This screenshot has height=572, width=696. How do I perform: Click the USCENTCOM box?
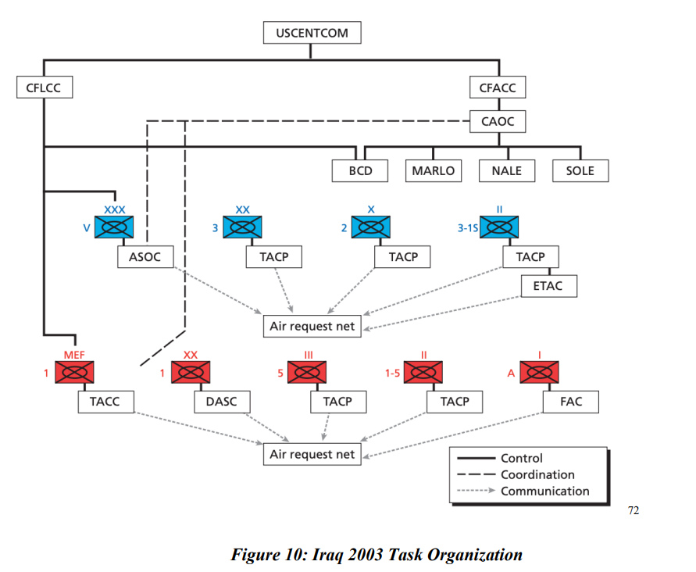tap(312, 32)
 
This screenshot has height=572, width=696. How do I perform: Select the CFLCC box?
tap(45, 87)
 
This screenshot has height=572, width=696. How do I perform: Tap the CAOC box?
tap(498, 121)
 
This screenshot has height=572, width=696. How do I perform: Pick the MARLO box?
tap(434, 170)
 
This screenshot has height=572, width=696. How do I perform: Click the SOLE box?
tap(580, 170)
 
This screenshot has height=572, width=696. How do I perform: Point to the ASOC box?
tap(145, 256)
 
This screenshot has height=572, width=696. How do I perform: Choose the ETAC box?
tap(548, 285)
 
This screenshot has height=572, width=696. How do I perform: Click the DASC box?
tap(222, 402)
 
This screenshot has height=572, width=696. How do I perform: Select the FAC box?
tap(570, 402)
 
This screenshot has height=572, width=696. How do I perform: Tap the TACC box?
tap(105, 402)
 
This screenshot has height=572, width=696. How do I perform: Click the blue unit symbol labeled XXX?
tap(114, 227)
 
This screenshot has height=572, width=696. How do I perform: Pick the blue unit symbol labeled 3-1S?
tap(499, 227)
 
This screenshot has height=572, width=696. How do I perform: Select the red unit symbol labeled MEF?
tap(74, 372)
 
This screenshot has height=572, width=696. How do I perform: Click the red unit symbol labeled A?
tap(539, 372)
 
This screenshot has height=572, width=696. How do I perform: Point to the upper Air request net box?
tap(312, 326)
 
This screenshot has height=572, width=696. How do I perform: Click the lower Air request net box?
tap(312, 454)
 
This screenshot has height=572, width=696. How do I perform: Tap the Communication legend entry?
tap(523, 492)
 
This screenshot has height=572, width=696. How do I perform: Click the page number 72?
tap(634, 511)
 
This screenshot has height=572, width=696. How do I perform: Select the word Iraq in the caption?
tap(327, 555)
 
